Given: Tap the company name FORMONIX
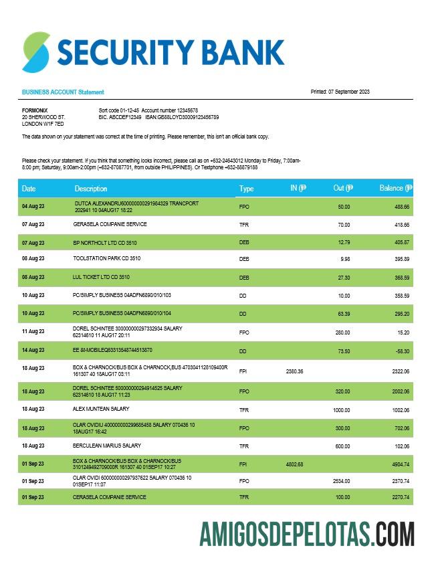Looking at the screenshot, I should click(35, 110).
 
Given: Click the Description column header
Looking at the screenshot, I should click(91, 189).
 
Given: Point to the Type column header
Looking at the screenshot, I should click(247, 189).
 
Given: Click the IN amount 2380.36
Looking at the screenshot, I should click(295, 371).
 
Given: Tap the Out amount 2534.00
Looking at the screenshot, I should click(340, 481).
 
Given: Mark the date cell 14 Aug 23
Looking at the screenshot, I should click(33, 350).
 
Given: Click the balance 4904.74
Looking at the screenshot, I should click(399, 464).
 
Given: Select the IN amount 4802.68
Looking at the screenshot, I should click(295, 464).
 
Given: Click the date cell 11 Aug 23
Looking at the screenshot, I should click(33, 331).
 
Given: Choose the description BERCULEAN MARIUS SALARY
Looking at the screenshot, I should click(107, 446).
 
